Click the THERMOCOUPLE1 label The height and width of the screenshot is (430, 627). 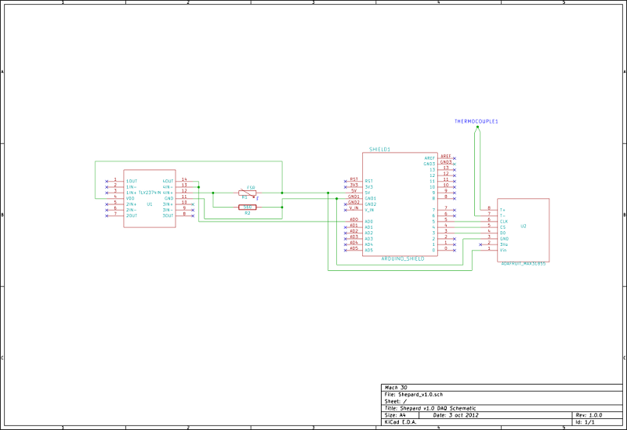point(477,122)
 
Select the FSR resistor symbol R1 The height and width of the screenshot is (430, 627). point(246,193)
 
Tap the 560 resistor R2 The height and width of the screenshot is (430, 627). point(246,208)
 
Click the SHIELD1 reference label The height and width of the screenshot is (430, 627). point(380,149)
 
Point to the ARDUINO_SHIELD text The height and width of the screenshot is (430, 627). point(403,257)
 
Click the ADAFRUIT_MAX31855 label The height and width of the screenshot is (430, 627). point(523,264)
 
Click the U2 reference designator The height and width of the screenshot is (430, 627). point(524,226)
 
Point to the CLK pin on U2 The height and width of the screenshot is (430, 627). point(503,222)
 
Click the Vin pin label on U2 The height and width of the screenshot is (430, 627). point(503,250)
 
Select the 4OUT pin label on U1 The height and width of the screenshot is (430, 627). point(168,181)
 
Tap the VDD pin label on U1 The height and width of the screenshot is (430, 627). point(131,198)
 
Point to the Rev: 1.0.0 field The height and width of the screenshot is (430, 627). point(589,414)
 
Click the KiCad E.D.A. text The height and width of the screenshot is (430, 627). point(401,421)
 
